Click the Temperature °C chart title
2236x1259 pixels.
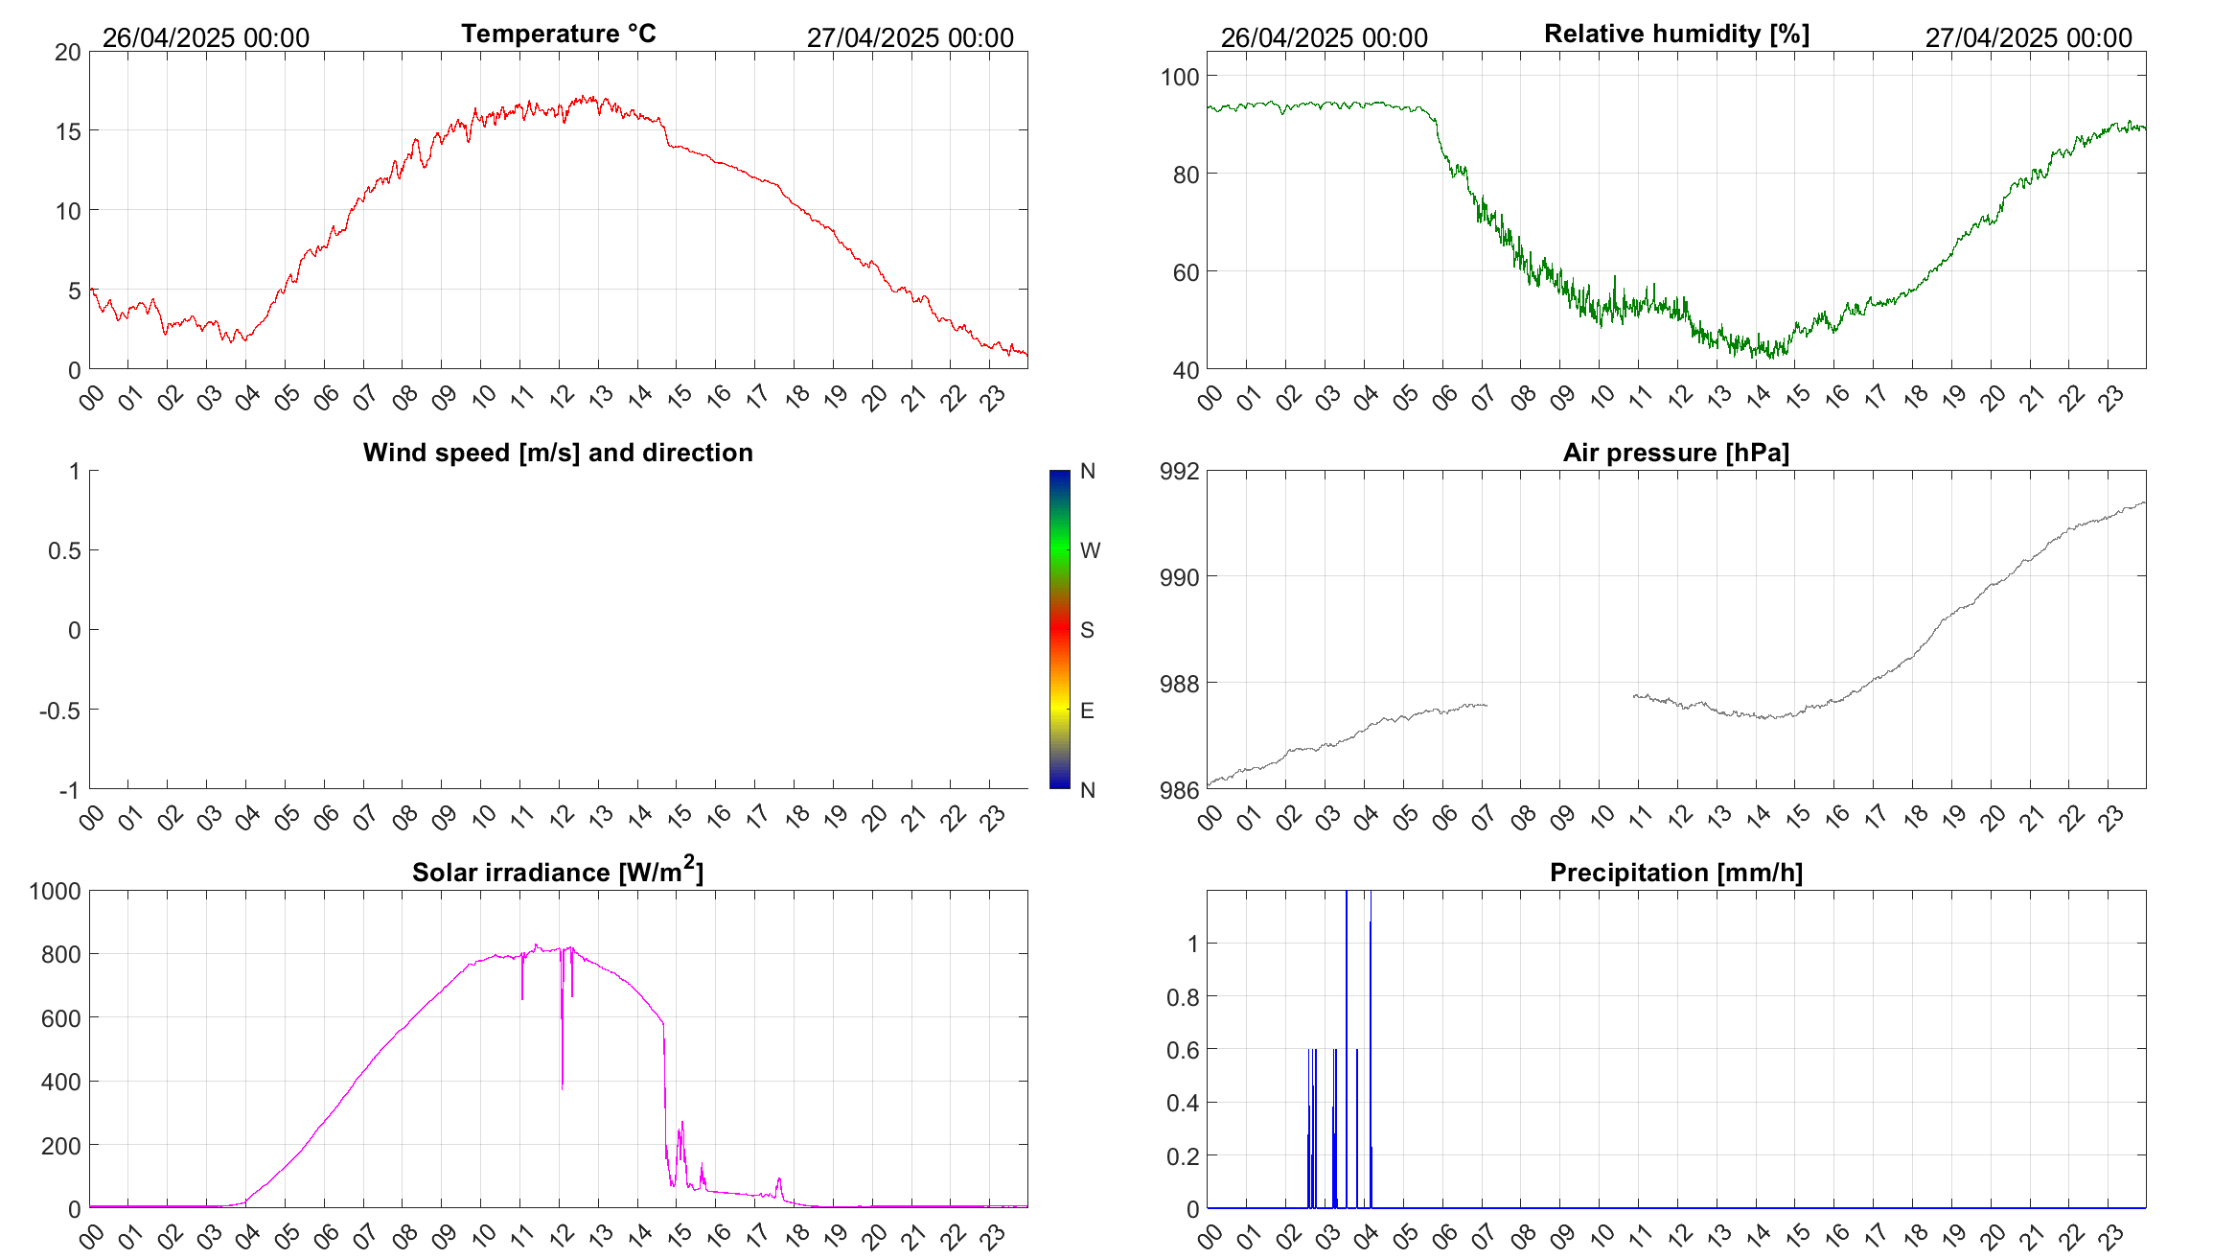(x=558, y=34)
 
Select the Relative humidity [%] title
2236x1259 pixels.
(x=1676, y=34)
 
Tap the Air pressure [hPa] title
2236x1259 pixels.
(x=1675, y=453)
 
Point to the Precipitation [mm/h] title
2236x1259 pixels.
(x=1675, y=873)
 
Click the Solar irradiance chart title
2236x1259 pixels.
(x=558, y=872)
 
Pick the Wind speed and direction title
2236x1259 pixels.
(x=558, y=453)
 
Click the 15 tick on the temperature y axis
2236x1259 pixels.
(x=68, y=131)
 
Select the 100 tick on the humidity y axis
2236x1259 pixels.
(x=1180, y=77)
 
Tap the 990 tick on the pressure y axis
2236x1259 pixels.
(x=1180, y=577)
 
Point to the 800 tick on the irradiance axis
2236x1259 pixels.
(x=61, y=954)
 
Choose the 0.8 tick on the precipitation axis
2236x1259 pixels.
(x=1183, y=997)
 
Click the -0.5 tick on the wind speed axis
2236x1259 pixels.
(x=59, y=711)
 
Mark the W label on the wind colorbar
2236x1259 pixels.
(x=1090, y=550)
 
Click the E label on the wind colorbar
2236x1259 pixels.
(x=1087, y=711)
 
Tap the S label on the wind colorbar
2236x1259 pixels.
(x=1087, y=630)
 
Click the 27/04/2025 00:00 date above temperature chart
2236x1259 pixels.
(x=910, y=37)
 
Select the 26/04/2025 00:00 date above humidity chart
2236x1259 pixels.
(x=1324, y=37)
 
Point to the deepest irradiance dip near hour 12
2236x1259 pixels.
(x=562, y=1085)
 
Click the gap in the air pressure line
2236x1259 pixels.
(x=1559, y=701)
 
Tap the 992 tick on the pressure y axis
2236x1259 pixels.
(x=1180, y=471)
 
